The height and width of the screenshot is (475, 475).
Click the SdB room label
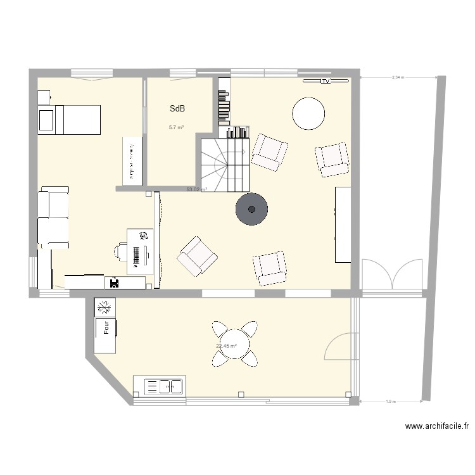pos(177,109)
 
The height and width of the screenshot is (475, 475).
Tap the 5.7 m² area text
pos(176,127)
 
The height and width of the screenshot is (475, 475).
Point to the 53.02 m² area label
pos(196,189)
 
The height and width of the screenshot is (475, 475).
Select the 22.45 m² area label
pos(226,346)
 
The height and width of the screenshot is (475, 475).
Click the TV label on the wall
pos(326,81)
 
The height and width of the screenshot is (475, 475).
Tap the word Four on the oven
pos(106,327)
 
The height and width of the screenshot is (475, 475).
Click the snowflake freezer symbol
pos(105,308)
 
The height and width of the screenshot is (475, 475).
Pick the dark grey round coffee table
pos(252,209)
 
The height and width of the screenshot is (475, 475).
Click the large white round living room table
pos(309,113)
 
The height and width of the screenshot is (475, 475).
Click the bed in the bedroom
pos(70,120)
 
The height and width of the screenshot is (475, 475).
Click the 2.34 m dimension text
pos(398,77)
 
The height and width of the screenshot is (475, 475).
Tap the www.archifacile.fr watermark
pos(437,427)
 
